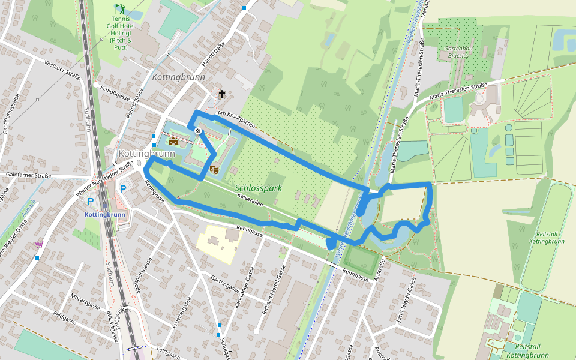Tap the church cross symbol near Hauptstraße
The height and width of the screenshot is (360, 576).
tap(222, 94)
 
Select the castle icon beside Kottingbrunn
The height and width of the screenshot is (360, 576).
tap(173, 141)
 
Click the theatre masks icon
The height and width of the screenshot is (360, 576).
tap(214, 170)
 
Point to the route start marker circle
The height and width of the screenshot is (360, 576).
tap(198, 131)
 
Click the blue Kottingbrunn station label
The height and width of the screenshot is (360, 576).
tap(105, 214)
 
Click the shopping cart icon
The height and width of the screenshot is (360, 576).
tap(39, 244)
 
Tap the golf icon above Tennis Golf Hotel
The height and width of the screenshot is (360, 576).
tap(120, 9)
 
